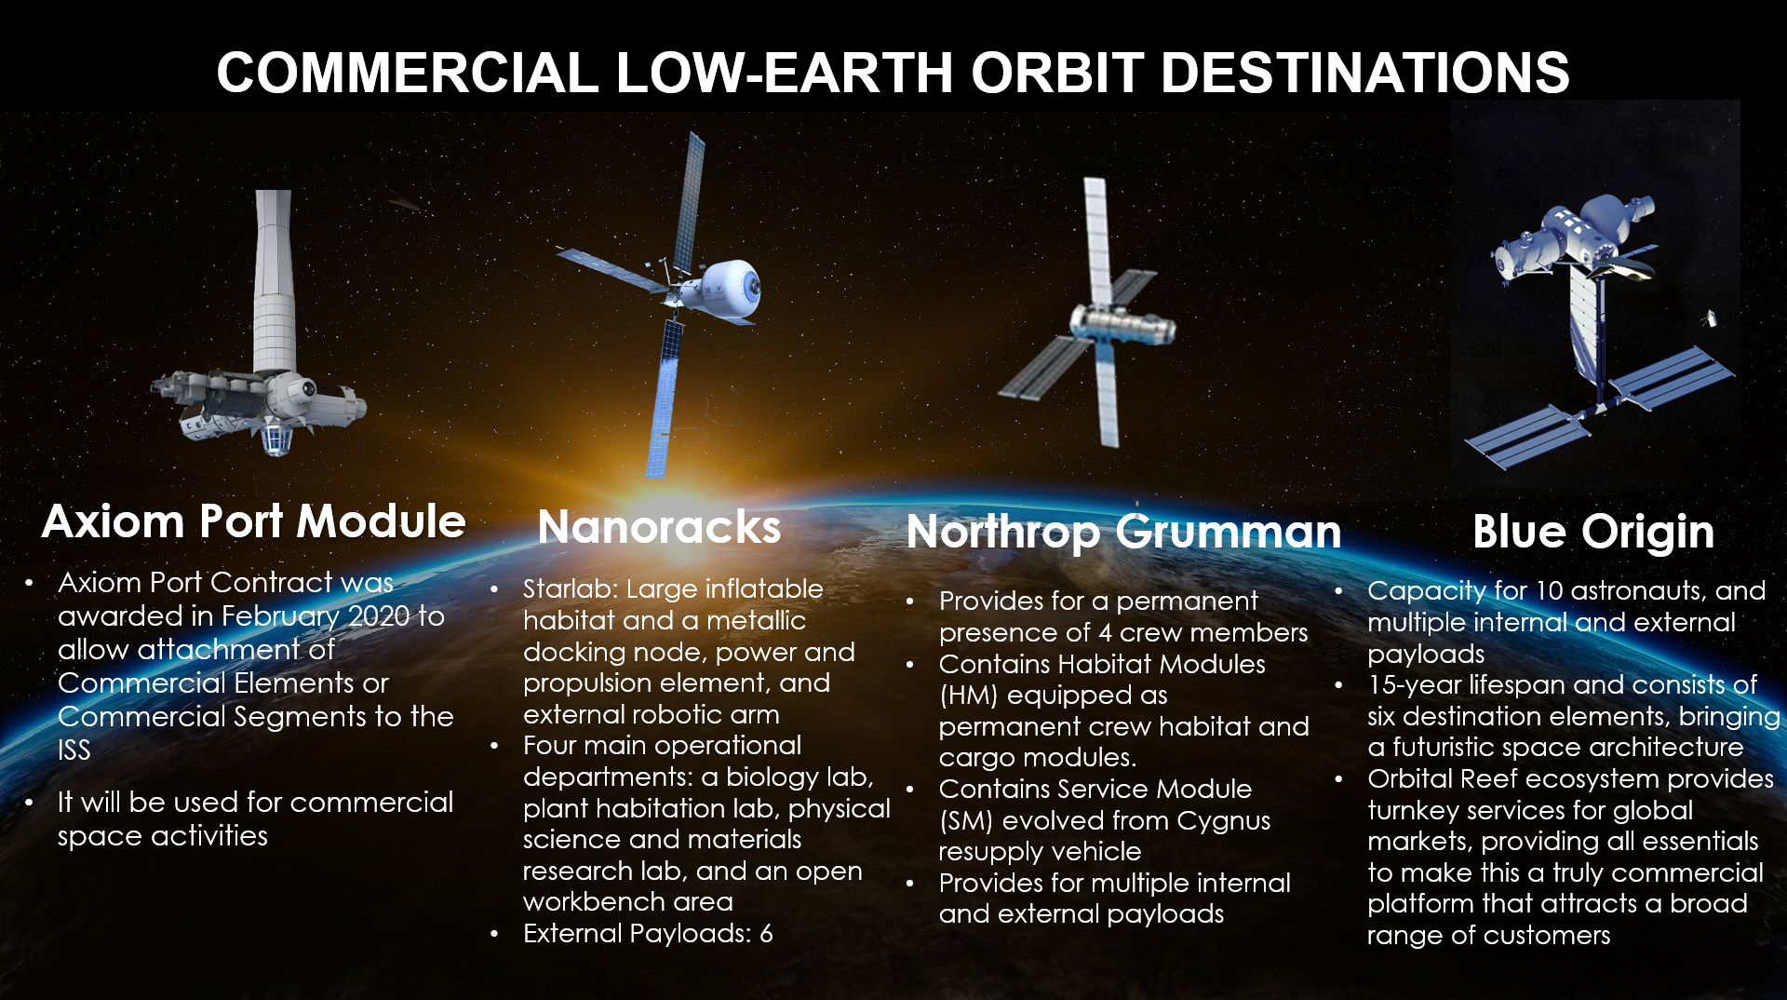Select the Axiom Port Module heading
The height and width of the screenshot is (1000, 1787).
coord(254,521)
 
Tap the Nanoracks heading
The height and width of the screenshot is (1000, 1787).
coord(659,527)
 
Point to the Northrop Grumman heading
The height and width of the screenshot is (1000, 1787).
coord(1123,532)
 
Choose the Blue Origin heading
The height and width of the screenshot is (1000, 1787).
coord(1592,532)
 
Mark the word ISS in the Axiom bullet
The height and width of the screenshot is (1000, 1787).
coord(74,750)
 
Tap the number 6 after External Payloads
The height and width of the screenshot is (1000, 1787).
coord(766,933)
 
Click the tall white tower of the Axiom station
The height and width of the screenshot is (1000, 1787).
coord(274,279)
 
